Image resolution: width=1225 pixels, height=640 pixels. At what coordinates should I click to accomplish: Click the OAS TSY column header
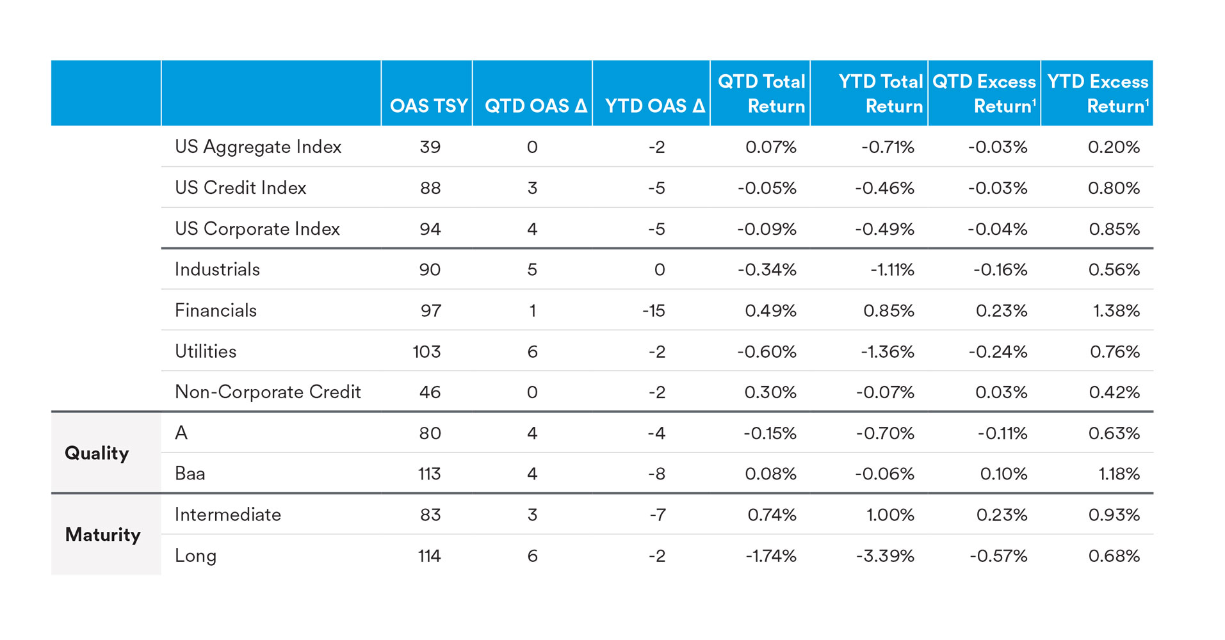[x=428, y=106]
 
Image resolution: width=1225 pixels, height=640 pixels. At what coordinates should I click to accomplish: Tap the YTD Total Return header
[x=880, y=93]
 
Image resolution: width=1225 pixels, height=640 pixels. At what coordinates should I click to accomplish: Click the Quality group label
[x=97, y=453]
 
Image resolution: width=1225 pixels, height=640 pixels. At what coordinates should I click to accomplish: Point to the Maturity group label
[x=102, y=534]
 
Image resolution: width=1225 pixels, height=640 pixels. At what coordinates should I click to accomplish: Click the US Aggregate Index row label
[x=258, y=147]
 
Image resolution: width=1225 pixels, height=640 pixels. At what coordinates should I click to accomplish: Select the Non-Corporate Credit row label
[x=268, y=392]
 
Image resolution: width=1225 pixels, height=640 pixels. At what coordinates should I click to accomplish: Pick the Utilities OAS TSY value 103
[x=426, y=351]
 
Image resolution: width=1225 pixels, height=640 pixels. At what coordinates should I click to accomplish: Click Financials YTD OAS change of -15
[x=654, y=310]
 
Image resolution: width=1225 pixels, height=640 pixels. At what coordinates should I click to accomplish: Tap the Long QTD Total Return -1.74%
[x=770, y=556]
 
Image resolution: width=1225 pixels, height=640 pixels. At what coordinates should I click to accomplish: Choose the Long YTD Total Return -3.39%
[x=885, y=556]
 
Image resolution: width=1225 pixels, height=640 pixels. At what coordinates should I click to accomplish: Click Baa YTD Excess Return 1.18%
[x=1119, y=474]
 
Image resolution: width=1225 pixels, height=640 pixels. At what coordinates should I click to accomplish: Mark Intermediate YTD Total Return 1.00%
[x=890, y=515]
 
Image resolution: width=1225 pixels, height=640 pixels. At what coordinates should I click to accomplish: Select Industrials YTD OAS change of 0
[x=659, y=269]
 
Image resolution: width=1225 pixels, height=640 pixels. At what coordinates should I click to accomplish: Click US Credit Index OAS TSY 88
[x=430, y=188]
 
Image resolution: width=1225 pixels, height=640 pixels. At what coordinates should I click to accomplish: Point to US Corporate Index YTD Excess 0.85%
[x=1114, y=228]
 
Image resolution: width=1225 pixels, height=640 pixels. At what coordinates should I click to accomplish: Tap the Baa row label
[x=190, y=474]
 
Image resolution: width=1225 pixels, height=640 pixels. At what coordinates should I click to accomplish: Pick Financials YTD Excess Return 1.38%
[x=1116, y=310]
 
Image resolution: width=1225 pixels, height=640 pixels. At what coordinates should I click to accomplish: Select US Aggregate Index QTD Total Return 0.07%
[x=770, y=147]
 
